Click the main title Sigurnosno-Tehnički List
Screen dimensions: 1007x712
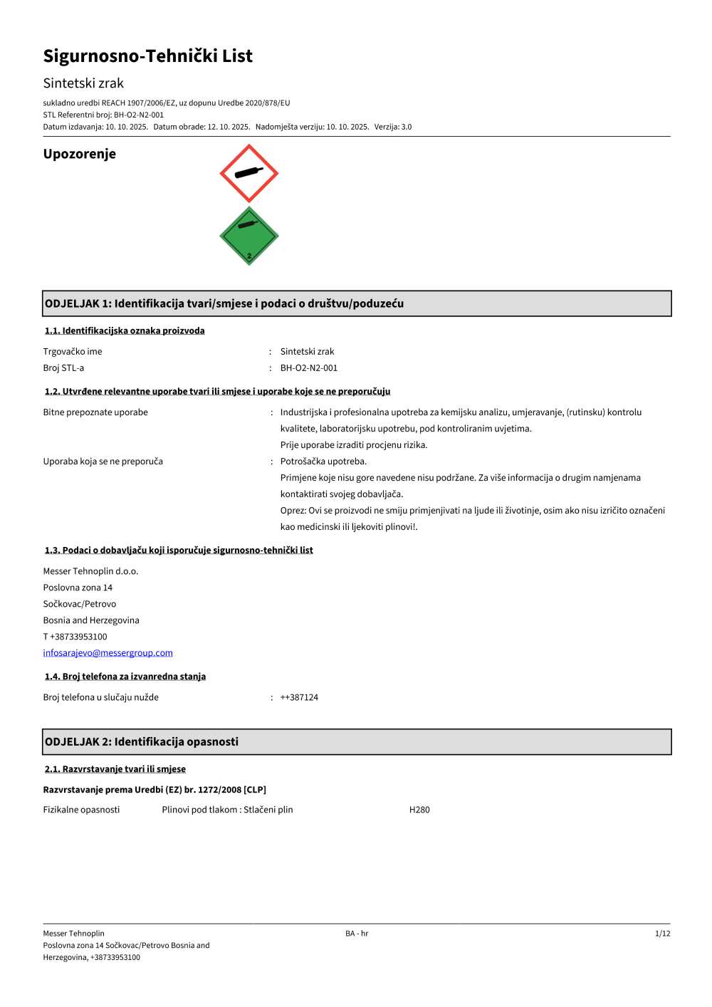147,56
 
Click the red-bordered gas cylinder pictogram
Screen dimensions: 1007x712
248,173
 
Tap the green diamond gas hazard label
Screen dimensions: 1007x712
248,236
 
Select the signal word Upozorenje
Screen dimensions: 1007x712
79,154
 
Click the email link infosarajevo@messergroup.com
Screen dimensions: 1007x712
108,653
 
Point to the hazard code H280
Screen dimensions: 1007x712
419,810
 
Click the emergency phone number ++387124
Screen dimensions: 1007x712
299,697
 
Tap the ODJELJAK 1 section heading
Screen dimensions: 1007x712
224,303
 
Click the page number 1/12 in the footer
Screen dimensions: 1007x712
662,934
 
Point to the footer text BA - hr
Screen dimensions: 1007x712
357,934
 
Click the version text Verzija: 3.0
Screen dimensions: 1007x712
393,127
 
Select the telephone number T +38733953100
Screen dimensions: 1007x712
75,637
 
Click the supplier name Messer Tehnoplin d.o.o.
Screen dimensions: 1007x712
90,571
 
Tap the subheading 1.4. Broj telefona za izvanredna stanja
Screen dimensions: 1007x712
125,677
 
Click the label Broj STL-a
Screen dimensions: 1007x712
63,368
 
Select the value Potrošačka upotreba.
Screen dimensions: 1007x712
323,461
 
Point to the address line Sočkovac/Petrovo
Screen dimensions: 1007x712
79,604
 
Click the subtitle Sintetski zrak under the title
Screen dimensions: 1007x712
83,83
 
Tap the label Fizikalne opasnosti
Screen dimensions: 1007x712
81,810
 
